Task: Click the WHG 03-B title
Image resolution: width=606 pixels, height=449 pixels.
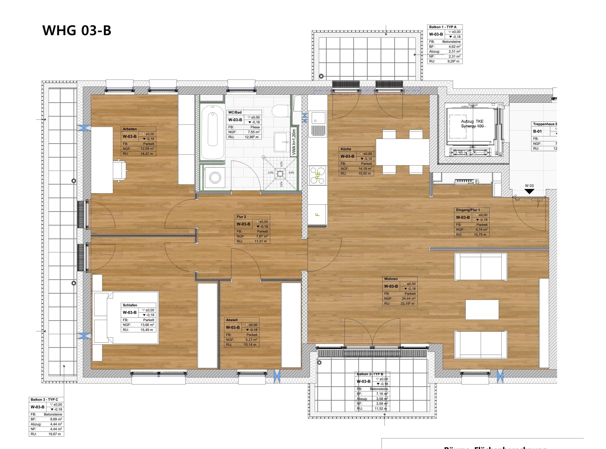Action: click(x=77, y=30)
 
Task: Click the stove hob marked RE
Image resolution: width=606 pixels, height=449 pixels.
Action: click(x=318, y=175)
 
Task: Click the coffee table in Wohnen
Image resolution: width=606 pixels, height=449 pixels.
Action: click(x=482, y=310)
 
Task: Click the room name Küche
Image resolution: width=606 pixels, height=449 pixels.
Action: click(x=346, y=149)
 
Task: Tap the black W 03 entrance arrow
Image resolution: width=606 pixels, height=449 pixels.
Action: click(x=529, y=191)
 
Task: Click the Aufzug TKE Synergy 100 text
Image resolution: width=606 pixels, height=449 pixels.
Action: click(x=472, y=124)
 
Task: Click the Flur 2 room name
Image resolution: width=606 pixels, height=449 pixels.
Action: click(x=241, y=217)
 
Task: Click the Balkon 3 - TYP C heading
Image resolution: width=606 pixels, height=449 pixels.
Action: click(x=44, y=400)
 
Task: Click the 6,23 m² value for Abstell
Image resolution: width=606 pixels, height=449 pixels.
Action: click(x=251, y=340)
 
